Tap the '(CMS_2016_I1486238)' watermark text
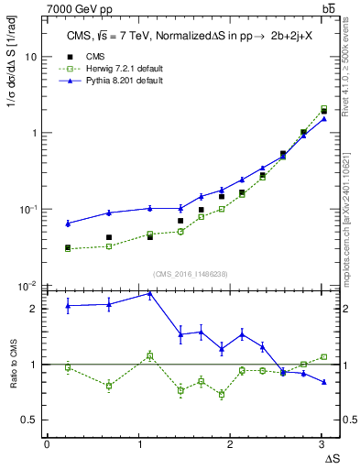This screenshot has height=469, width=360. click(x=191, y=274)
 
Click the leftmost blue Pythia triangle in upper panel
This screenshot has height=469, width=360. click(x=68, y=223)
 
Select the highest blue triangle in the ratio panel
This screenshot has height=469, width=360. click(x=149, y=294)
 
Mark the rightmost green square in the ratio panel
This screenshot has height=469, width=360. click(x=323, y=357)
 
